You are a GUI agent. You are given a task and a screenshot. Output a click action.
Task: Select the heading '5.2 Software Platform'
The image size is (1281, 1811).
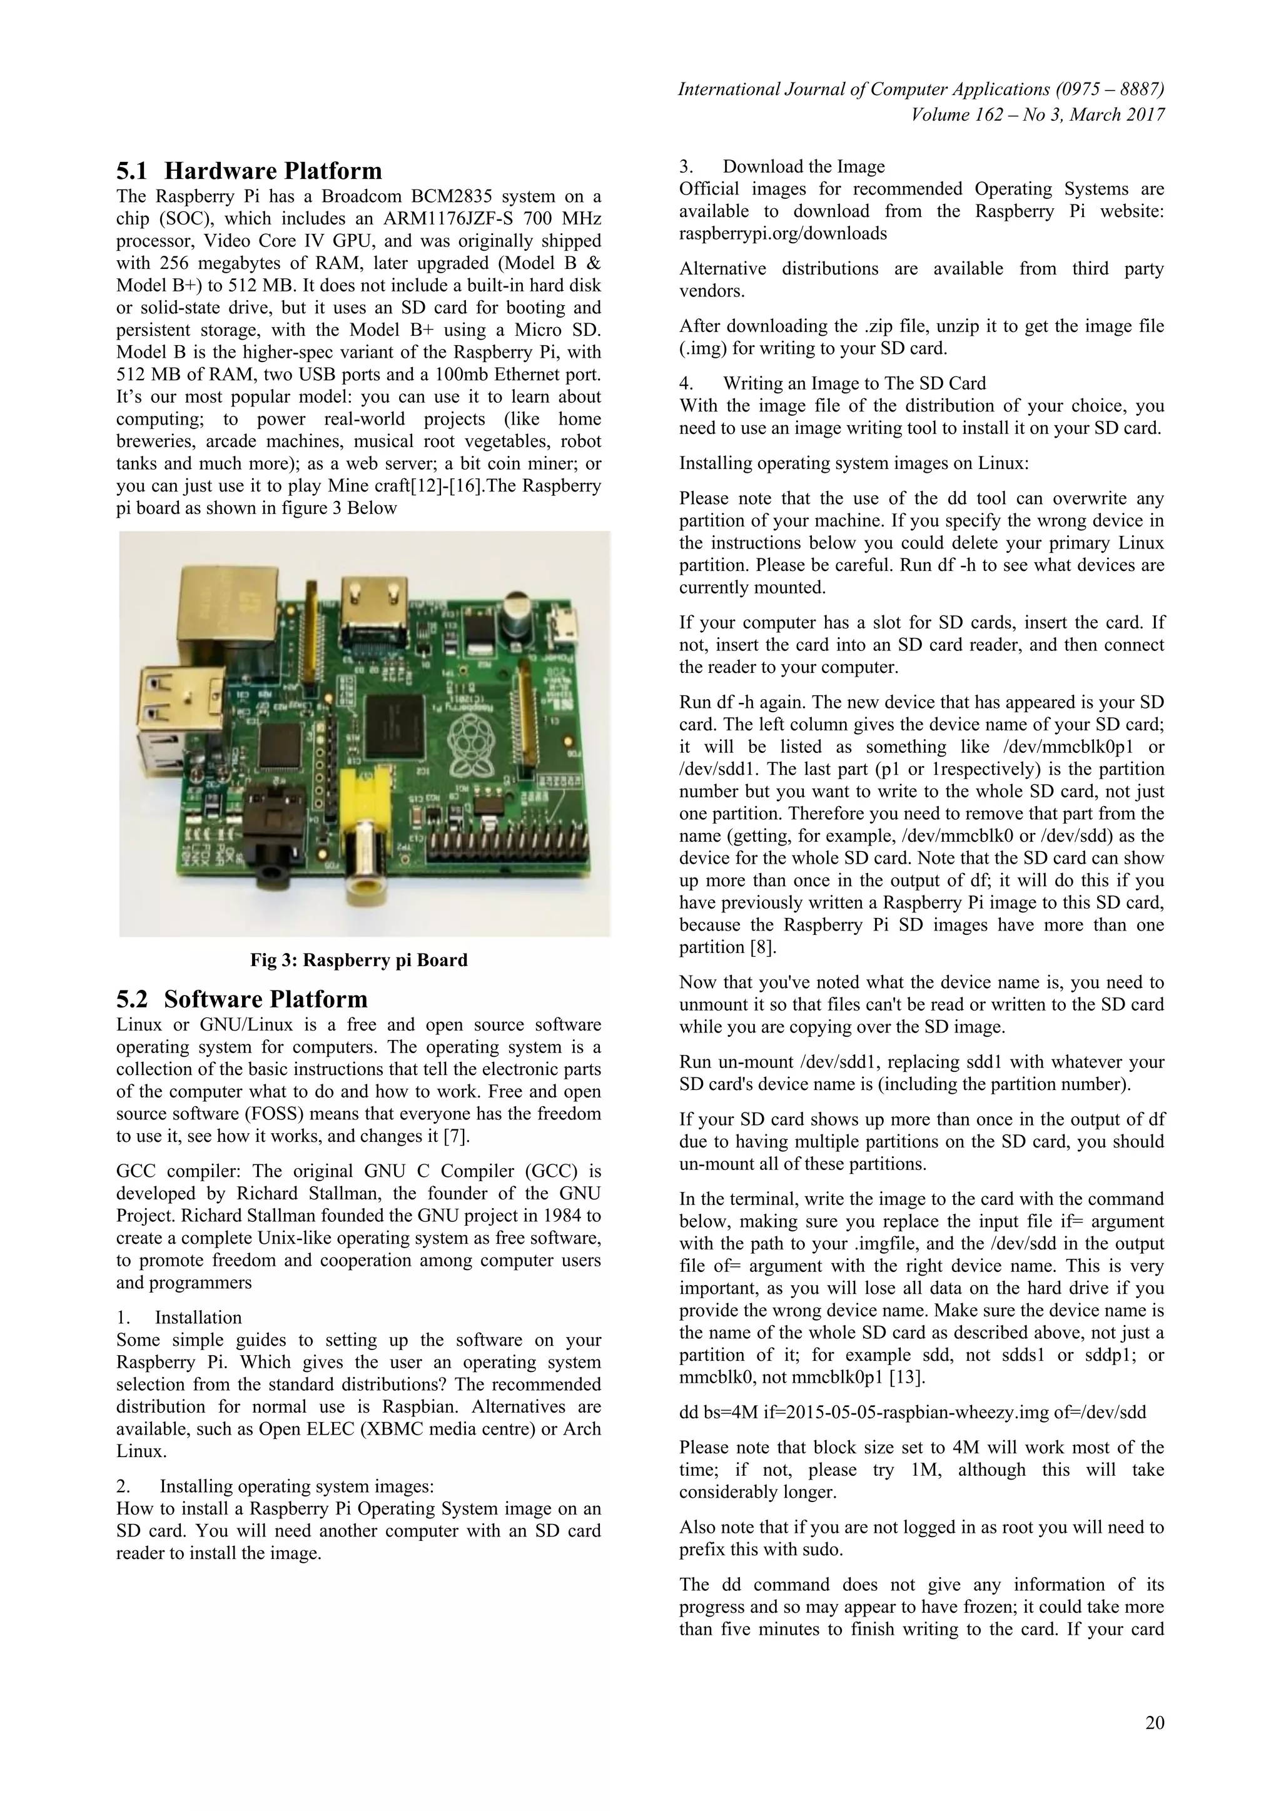(x=242, y=999)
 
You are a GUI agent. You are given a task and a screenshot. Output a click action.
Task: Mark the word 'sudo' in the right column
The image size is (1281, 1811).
(x=819, y=1549)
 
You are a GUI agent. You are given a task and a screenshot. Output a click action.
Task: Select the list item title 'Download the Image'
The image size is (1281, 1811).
(x=803, y=166)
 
